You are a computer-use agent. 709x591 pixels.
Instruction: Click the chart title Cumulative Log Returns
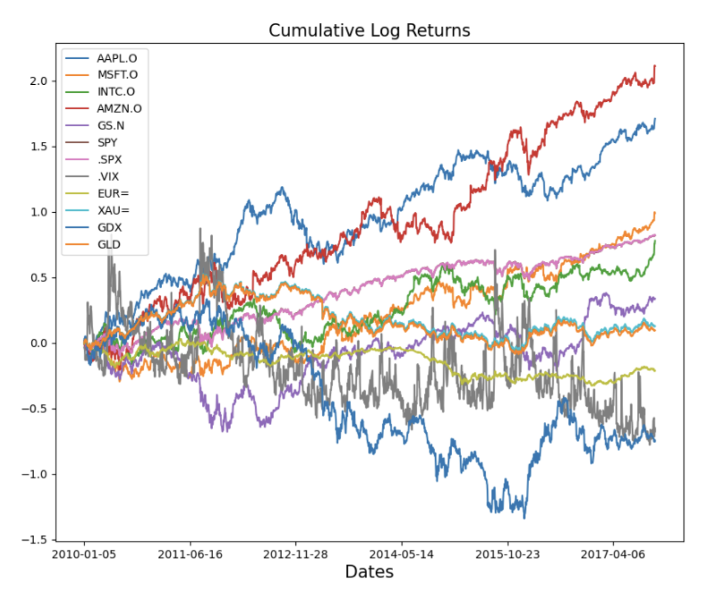click(x=369, y=30)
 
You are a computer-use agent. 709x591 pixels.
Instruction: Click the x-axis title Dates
click(x=369, y=572)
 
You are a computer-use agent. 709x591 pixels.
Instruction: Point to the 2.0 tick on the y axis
click(x=38, y=80)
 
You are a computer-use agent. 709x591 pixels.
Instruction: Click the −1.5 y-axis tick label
click(x=34, y=540)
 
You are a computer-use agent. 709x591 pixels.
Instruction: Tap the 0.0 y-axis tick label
click(x=38, y=343)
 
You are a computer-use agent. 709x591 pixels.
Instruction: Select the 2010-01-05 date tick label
click(x=85, y=554)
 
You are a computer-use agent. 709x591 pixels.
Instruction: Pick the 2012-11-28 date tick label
click(x=296, y=554)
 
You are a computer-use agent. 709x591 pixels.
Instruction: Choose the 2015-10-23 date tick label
click(x=508, y=554)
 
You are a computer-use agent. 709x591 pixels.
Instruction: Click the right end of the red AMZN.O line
click(x=655, y=65)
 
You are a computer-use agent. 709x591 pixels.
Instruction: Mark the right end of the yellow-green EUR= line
click(x=655, y=370)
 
